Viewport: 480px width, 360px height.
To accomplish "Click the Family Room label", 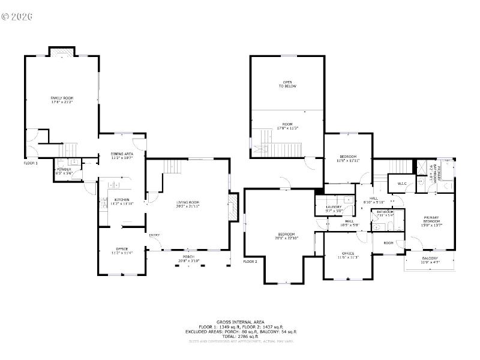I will pos(61,100).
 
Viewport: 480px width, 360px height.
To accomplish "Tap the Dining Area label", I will pos(122,156).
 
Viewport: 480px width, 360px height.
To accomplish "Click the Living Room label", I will pos(188,204).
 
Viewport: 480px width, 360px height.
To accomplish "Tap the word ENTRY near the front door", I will pos(154,235).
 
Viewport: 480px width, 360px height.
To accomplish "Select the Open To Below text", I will pos(287,84).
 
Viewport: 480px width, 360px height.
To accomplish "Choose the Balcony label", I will pos(430,260).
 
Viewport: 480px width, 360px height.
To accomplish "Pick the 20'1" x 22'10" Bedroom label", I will pos(286,236).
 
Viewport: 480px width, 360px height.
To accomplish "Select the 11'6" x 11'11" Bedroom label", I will pos(347,158).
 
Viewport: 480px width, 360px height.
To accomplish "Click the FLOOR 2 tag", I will pos(250,262).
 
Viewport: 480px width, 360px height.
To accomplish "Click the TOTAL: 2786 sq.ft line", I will pos(239,336).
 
